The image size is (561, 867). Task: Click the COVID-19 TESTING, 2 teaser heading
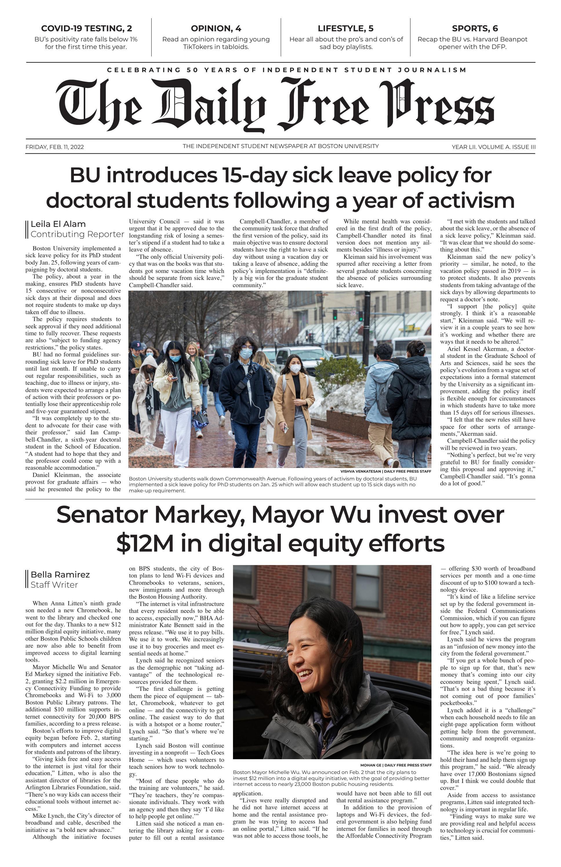tap(86, 28)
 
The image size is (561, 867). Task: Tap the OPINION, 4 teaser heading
tap(216, 28)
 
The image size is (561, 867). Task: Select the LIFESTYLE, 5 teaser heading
tap(346, 28)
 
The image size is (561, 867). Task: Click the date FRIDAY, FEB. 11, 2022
tap(55, 147)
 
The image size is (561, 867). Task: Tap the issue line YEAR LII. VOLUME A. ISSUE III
tap(493, 147)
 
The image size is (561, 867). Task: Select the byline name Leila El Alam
tap(58, 224)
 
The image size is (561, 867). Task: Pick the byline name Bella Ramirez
tap(60, 575)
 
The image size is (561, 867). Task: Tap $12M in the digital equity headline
tap(145, 543)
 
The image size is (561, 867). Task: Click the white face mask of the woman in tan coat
tap(295, 369)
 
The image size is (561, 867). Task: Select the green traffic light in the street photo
tap(334, 313)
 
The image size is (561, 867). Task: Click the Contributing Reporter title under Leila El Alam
tap(77, 234)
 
